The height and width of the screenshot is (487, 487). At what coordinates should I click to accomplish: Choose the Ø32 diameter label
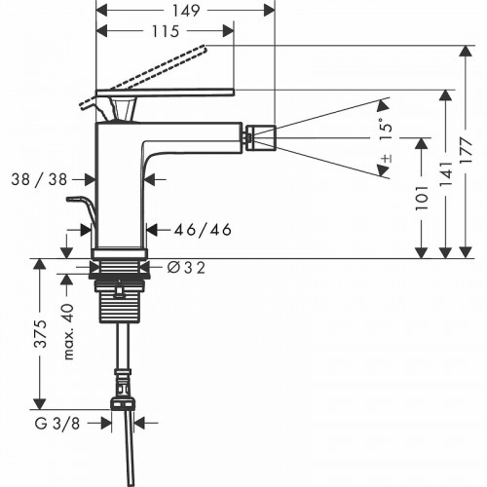click(x=186, y=268)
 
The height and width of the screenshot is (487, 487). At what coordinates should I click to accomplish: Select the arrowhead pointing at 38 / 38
click(x=91, y=178)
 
